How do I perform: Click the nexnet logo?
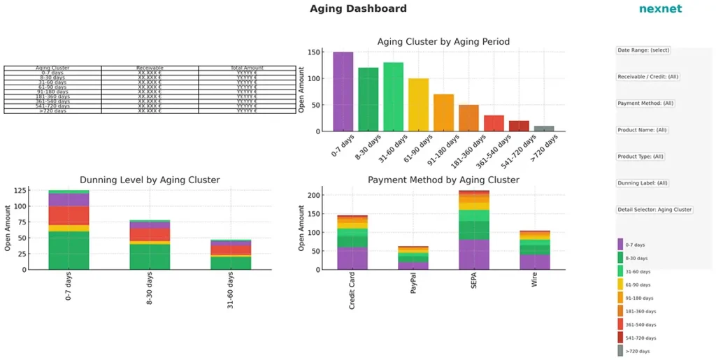click(x=660, y=9)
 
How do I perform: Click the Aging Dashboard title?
click(x=358, y=9)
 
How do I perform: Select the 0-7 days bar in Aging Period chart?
click(x=343, y=92)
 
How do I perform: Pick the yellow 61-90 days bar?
click(x=419, y=105)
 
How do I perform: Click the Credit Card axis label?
click(x=352, y=291)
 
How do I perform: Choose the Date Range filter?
click(x=643, y=50)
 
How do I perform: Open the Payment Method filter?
click(x=645, y=103)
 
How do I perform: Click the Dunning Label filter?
click(x=643, y=183)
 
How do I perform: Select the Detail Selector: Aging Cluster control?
click(x=654, y=210)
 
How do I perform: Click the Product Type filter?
click(x=640, y=157)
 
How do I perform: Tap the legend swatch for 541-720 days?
click(x=620, y=338)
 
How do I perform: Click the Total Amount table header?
click(x=247, y=68)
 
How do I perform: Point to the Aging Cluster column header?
click(x=52, y=68)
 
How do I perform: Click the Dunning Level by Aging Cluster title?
click(x=150, y=180)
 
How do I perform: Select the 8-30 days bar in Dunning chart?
click(x=150, y=245)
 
